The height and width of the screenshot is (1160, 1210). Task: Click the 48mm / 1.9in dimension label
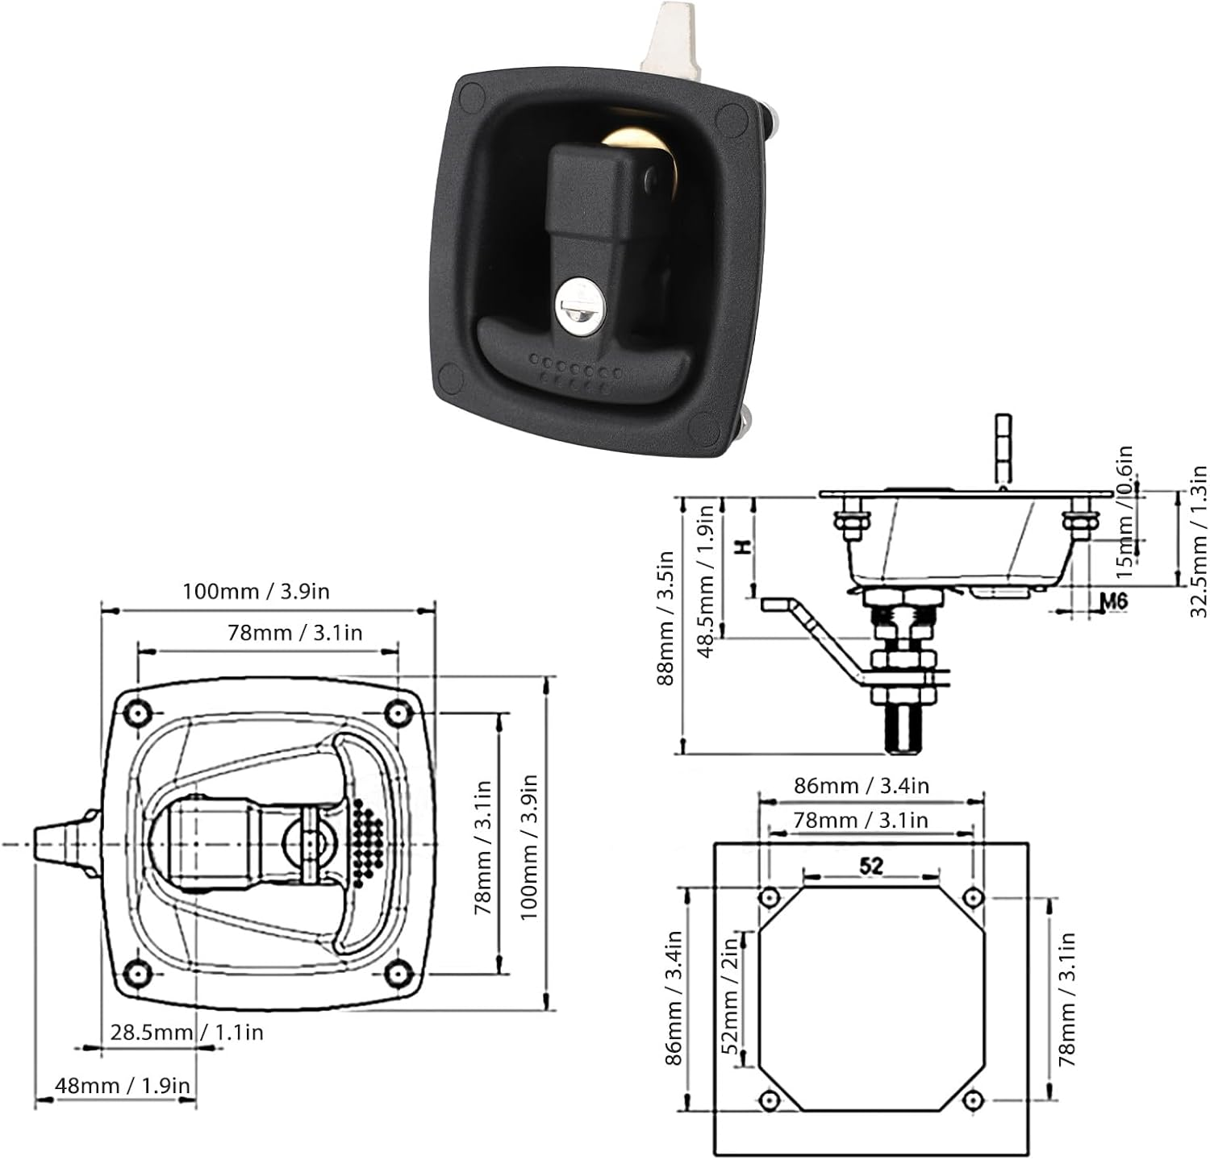123,1085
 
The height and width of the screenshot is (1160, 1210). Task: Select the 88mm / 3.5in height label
665,617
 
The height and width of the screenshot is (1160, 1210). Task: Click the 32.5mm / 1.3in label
1199,542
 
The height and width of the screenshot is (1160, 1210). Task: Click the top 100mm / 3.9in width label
256,591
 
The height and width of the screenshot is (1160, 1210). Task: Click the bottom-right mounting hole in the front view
396,973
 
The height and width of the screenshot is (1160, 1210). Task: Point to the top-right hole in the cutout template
974,896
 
